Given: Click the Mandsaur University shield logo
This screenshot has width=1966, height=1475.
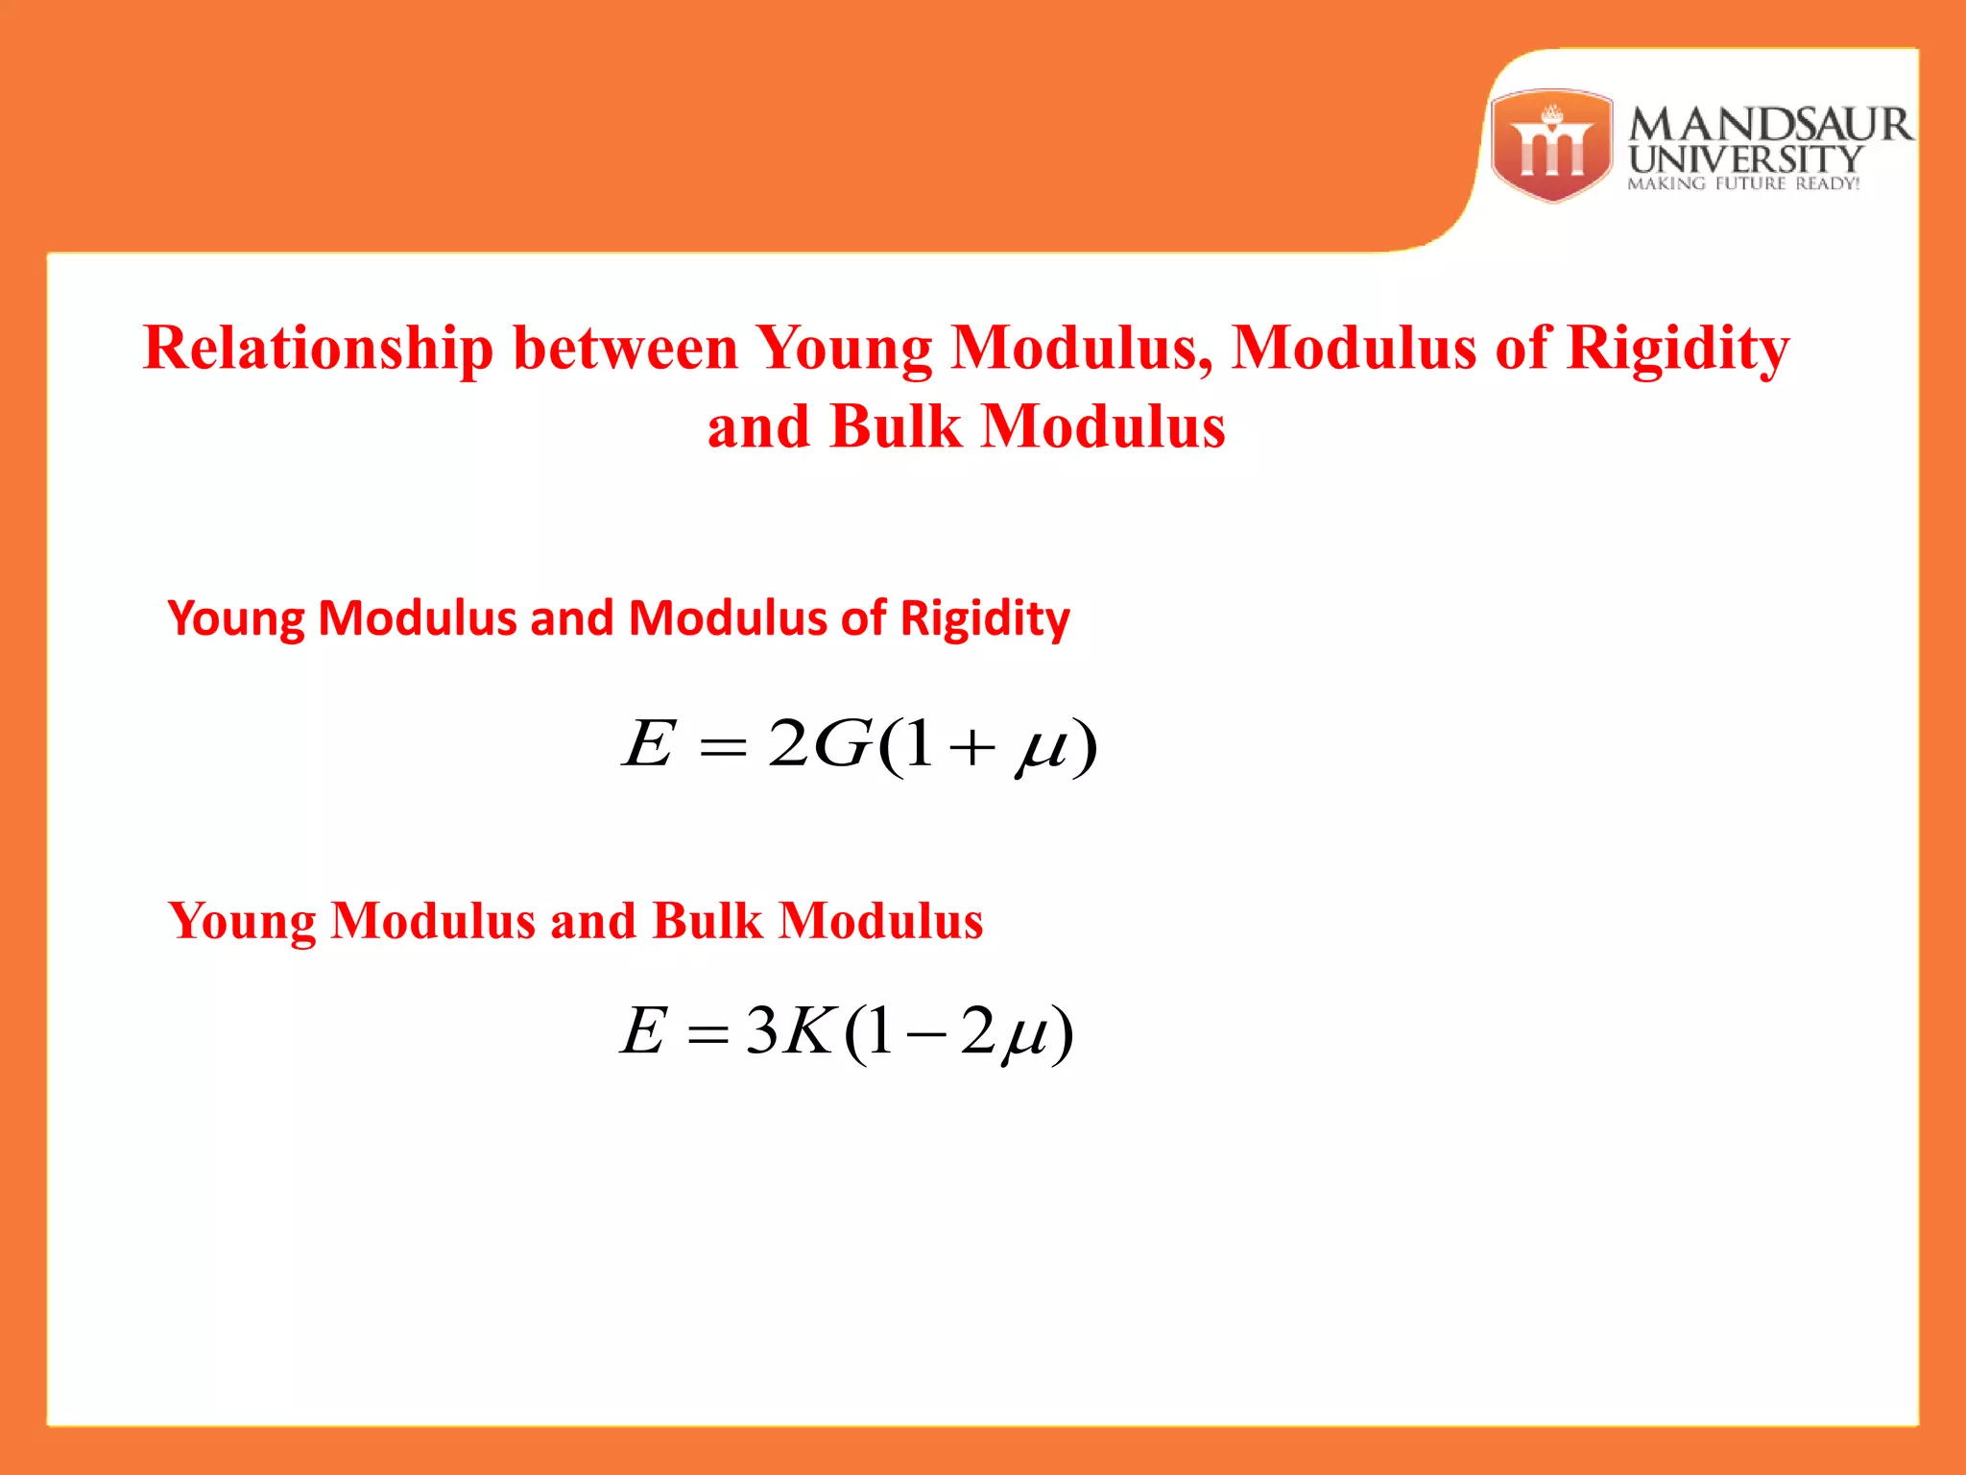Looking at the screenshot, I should pyautogui.click(x=1551, y=146).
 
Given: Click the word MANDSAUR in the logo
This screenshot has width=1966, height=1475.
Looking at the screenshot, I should pyautogui.click(x=1770, y=125).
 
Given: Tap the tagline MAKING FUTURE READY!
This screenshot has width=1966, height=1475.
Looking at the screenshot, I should pyautogui.click(x=1743, y=183).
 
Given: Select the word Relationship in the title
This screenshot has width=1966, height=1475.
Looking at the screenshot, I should pyautogui.click(x=318, y=348).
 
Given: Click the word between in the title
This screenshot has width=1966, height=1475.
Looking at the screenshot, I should pyautogui.click(x=625, y=348).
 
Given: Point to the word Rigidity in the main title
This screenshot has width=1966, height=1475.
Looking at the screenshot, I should pyautogui.click(x=1678, y=348).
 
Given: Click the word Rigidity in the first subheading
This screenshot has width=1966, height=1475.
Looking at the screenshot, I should pyautogui.click(x=985, y=618).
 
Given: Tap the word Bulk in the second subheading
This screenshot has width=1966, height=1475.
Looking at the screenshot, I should pyautogui.click(x=707, y=921).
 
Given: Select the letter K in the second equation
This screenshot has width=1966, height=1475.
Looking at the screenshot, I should pyautogui.click(x=806, y=1031).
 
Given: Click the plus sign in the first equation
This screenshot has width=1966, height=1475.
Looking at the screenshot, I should pyautogui.click(x=972, y=747).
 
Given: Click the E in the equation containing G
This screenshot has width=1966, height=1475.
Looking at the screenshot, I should pyautogui.click(x=649, y=744).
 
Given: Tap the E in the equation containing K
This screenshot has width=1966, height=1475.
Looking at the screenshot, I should pyautogui.click(x=643, y=1031).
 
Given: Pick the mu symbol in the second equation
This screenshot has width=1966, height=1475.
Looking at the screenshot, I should pyautogui.click(x=1024, y=1038).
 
